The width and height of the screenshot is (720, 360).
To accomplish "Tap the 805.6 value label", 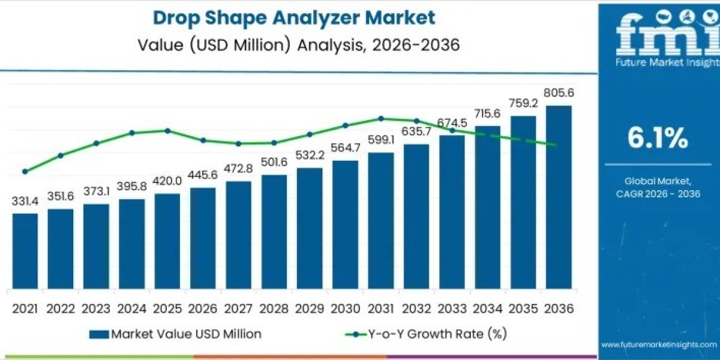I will tap(558, 94).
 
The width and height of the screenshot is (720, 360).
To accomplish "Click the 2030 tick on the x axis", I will tap(345, 308).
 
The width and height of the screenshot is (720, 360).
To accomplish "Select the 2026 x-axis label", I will tap(203, 308).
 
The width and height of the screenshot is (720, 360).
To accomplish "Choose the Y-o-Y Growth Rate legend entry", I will tap(427, 334).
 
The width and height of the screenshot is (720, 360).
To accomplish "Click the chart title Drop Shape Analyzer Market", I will tap(293, 17).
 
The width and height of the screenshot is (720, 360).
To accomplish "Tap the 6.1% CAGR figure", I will tap(657, 139).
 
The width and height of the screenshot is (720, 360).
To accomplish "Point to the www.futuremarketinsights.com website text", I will tap(659, 344).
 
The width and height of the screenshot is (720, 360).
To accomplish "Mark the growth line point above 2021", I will tap(25, 172).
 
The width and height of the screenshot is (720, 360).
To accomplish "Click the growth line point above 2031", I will tap(380, 118).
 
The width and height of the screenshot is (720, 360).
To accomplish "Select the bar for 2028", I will tap(274, 230).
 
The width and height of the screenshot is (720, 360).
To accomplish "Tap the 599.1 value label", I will tap(380, 140).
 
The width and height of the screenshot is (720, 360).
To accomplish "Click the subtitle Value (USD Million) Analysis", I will tap(293, 46).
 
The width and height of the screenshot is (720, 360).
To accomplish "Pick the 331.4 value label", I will tap(25, 201).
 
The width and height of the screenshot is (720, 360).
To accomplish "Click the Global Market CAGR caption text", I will tap(657, 187).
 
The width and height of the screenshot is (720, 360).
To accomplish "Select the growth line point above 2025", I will tap(167, 130).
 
